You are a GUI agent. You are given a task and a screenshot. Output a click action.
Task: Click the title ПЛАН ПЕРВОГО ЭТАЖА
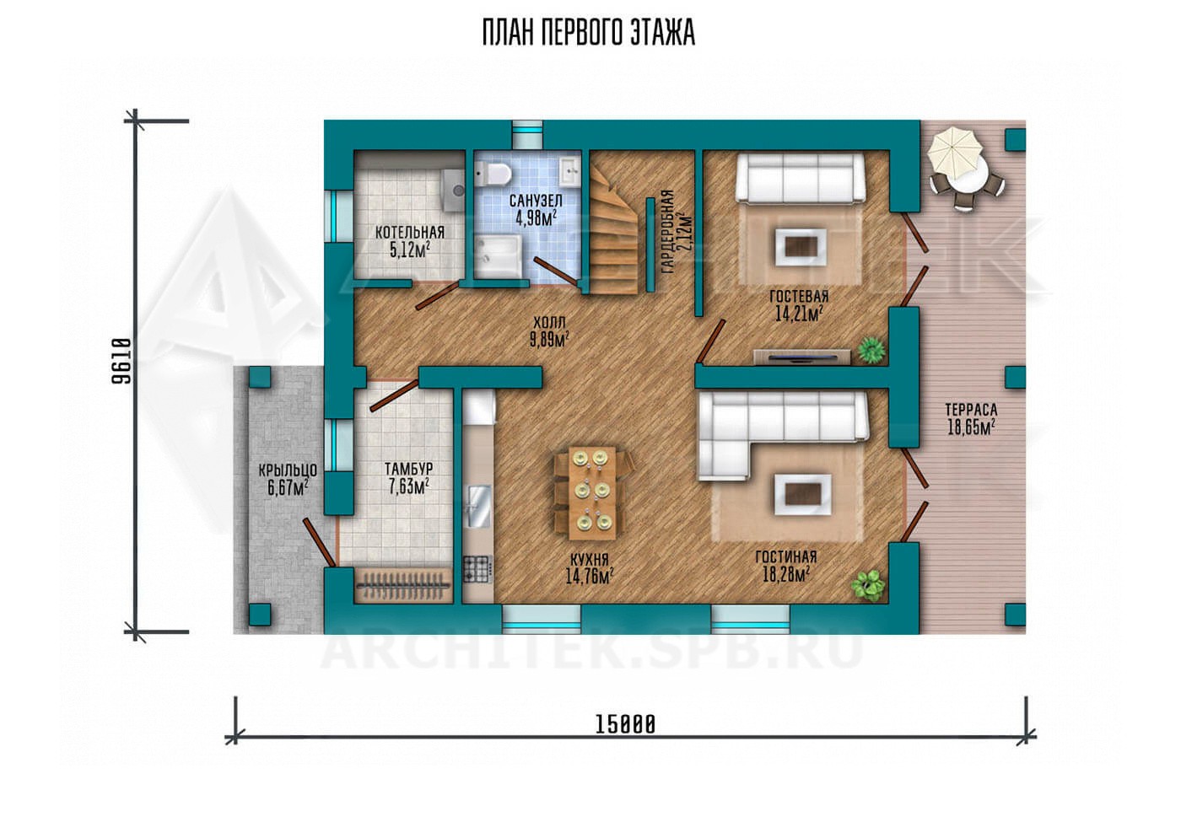point(589,33)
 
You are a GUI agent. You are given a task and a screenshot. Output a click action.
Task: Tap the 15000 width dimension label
point(625,724)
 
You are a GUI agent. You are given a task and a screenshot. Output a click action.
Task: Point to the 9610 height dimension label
point(121,361)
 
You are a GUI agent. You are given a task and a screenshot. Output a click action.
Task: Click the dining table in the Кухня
point(592,493)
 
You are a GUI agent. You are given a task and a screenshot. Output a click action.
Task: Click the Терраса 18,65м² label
point(971,419)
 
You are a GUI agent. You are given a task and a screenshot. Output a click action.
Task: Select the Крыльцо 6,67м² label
point(288,479)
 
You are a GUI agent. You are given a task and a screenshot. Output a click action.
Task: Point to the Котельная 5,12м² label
point(410,241)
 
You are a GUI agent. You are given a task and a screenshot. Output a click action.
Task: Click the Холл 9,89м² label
point(549,331)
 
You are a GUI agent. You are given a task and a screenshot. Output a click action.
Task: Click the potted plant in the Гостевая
point(871,350)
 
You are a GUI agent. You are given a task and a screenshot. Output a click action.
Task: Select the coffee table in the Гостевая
point(801,246)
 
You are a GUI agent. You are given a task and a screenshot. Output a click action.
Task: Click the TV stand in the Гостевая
point(801,357)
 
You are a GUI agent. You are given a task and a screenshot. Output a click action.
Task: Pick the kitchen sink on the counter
point(479,507)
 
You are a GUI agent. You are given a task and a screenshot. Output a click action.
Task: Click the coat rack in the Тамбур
point(403,584)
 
